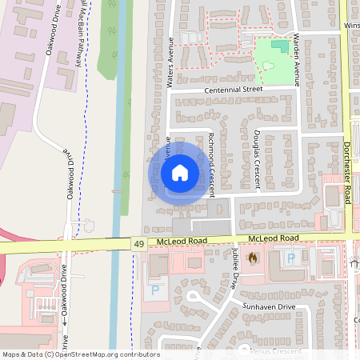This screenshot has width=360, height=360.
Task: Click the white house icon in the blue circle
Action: point(179,172)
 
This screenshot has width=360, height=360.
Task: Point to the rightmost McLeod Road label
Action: point(274,238)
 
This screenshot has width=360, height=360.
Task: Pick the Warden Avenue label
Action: point(295,60)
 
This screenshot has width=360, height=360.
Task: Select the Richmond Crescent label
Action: point(212,155)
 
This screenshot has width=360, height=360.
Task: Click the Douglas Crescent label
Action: point(257,159)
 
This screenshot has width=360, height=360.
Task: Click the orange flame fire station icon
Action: point(254,258)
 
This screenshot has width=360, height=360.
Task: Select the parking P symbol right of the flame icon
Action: point(291,258)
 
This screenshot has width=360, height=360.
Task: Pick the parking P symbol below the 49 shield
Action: point(154,289)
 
